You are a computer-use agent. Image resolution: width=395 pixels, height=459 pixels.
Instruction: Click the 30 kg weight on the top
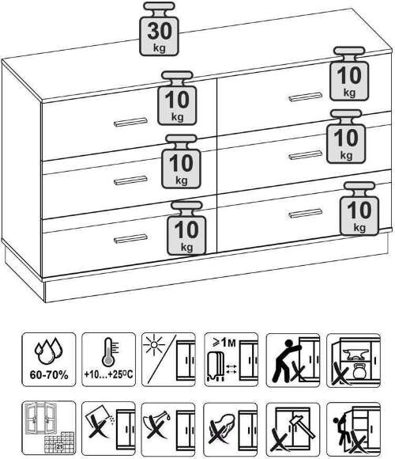(x=159, y=28)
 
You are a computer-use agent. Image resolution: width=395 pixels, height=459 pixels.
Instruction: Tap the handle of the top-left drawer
(x=130, y=122)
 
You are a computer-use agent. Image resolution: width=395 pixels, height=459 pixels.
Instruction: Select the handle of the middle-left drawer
(x=130, y=180)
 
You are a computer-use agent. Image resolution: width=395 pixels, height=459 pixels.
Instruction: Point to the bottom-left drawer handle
(x=130, y=239)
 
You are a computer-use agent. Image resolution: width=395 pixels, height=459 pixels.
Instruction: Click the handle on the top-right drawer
(x=305, y=97)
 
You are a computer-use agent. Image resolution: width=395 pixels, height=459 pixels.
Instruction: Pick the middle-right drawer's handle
(x=305, y=155)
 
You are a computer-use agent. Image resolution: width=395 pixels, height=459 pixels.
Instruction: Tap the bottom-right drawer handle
(x=305, y=214)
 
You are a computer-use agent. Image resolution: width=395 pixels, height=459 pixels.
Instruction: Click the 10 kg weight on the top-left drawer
(x=177, y=98)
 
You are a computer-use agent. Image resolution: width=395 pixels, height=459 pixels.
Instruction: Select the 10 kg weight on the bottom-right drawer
(x=359, y=208)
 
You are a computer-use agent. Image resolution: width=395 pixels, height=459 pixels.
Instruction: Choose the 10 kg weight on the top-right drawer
(x=349, y=74)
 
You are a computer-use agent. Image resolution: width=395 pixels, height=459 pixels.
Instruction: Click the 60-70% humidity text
(x=49, y=374)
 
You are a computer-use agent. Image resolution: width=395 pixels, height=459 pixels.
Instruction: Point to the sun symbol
(x=154, y=344)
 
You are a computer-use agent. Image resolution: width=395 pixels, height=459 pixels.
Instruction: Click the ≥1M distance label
(x=224, y=341)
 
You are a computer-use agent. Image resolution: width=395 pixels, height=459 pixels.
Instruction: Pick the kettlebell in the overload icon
(x=359, y=371)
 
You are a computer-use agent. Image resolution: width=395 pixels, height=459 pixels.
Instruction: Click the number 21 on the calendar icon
(x=59, y=446)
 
